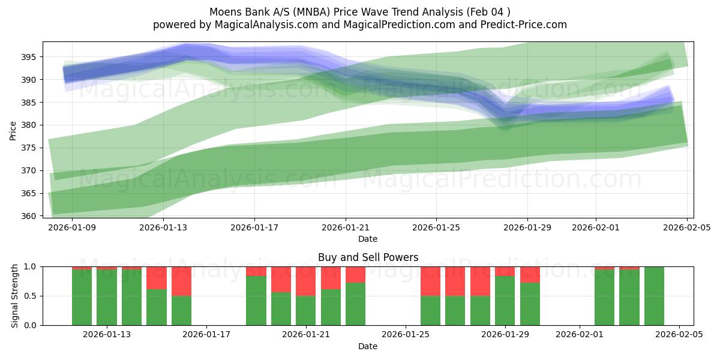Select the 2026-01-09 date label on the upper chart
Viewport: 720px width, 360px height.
(x=72, y=227)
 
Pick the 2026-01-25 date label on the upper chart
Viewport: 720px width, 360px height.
(x=436, y=227)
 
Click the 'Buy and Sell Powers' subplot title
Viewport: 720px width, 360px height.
(x=368, y=257)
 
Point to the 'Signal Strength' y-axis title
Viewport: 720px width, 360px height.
(x=15, y=296)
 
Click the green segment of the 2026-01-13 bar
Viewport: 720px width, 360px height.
(x=107, y=298)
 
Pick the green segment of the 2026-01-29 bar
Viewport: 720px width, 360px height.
(x=505, y=301)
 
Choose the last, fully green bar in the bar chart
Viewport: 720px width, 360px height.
(x=654, y=296)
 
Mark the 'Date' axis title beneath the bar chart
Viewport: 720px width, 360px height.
(x=368, y=346)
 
